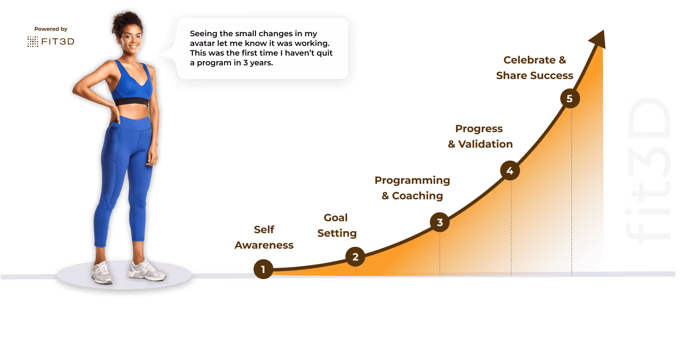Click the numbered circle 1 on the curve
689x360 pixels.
pyautogui.click(x=263, y=269)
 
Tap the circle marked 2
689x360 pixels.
pyautogui.click(x=355, y=257)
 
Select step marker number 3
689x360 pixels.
pyautogui.click(x=440, y=222)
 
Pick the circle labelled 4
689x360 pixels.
pyautogui.click(x=510, y=171)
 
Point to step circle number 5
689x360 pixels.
pyautogui.click(x=570, y=99)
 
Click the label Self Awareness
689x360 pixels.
pyautogui.click(x=264, y=237)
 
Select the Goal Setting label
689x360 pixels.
pyautogui.click(x=337, y=225)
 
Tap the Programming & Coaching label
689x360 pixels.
pyautogui.click(x=412, y=188)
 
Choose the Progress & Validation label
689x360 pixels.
pyautogui.click(x=480, y=136)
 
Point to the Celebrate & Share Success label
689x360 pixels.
pyautogui.click(x=534, y=68)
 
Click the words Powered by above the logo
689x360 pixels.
pyautogui.click(x=51, y=29)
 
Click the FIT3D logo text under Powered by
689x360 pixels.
pyautogui.click(x=57, y=41)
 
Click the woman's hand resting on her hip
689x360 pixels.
pyautogui.click(x=115, y=113)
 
